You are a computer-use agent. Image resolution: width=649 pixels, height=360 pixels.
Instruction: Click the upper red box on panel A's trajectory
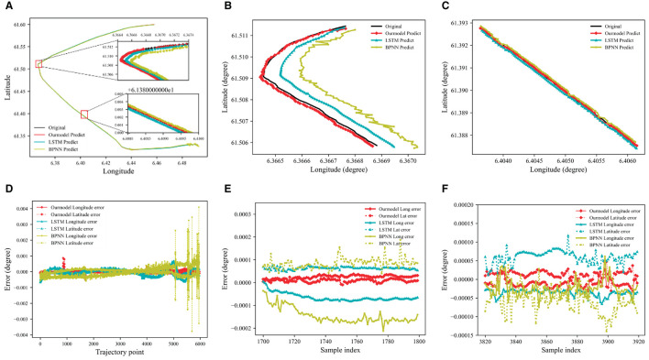[x=39, y=63]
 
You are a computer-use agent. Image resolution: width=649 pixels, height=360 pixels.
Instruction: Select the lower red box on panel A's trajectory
[x=84, y=114]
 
